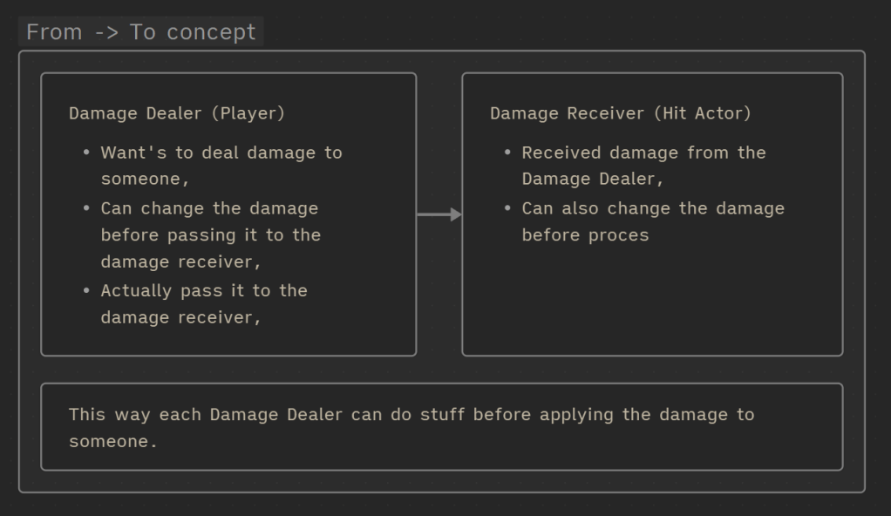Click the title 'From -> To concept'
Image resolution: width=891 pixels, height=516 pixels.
click(x=141, y=32)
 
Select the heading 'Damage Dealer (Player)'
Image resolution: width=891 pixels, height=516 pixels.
click(x=177, y=113)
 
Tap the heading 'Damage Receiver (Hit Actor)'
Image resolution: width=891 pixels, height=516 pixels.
click(x=620, y=113)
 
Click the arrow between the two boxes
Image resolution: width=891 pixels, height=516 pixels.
click(x=439, y=214)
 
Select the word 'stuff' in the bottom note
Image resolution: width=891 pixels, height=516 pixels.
click(x=442, y=414)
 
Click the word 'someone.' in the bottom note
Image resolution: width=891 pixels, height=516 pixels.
click(x=112, y=441)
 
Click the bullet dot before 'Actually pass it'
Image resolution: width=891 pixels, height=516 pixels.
click(x=86, y=290)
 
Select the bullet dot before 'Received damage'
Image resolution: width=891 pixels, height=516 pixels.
click(x=507, y=153)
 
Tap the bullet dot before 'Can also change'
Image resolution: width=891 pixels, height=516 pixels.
click(x=507, y=208)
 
